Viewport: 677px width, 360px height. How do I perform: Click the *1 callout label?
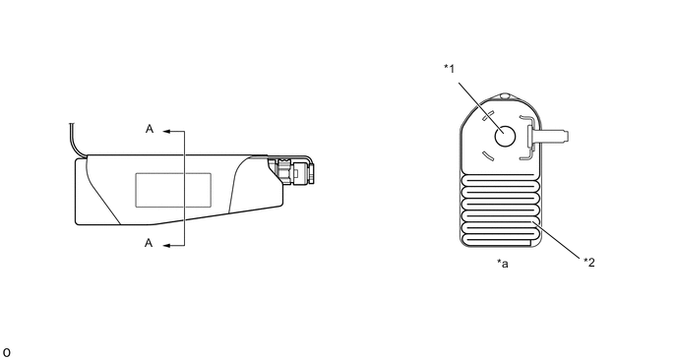[450, 69]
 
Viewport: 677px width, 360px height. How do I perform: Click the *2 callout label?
[589, 262]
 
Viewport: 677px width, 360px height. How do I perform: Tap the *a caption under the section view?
[503, 263]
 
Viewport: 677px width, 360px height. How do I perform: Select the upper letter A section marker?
[150, 129]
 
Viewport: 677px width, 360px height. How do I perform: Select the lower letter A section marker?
[149, 243]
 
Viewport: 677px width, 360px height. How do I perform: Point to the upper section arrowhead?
[167, 131]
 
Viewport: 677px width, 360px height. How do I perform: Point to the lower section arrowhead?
[167, 246]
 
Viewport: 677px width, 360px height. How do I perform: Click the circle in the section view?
[505, 137]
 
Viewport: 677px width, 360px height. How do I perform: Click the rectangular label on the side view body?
[173, 190]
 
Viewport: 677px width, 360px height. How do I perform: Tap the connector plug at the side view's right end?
[291, 171]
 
